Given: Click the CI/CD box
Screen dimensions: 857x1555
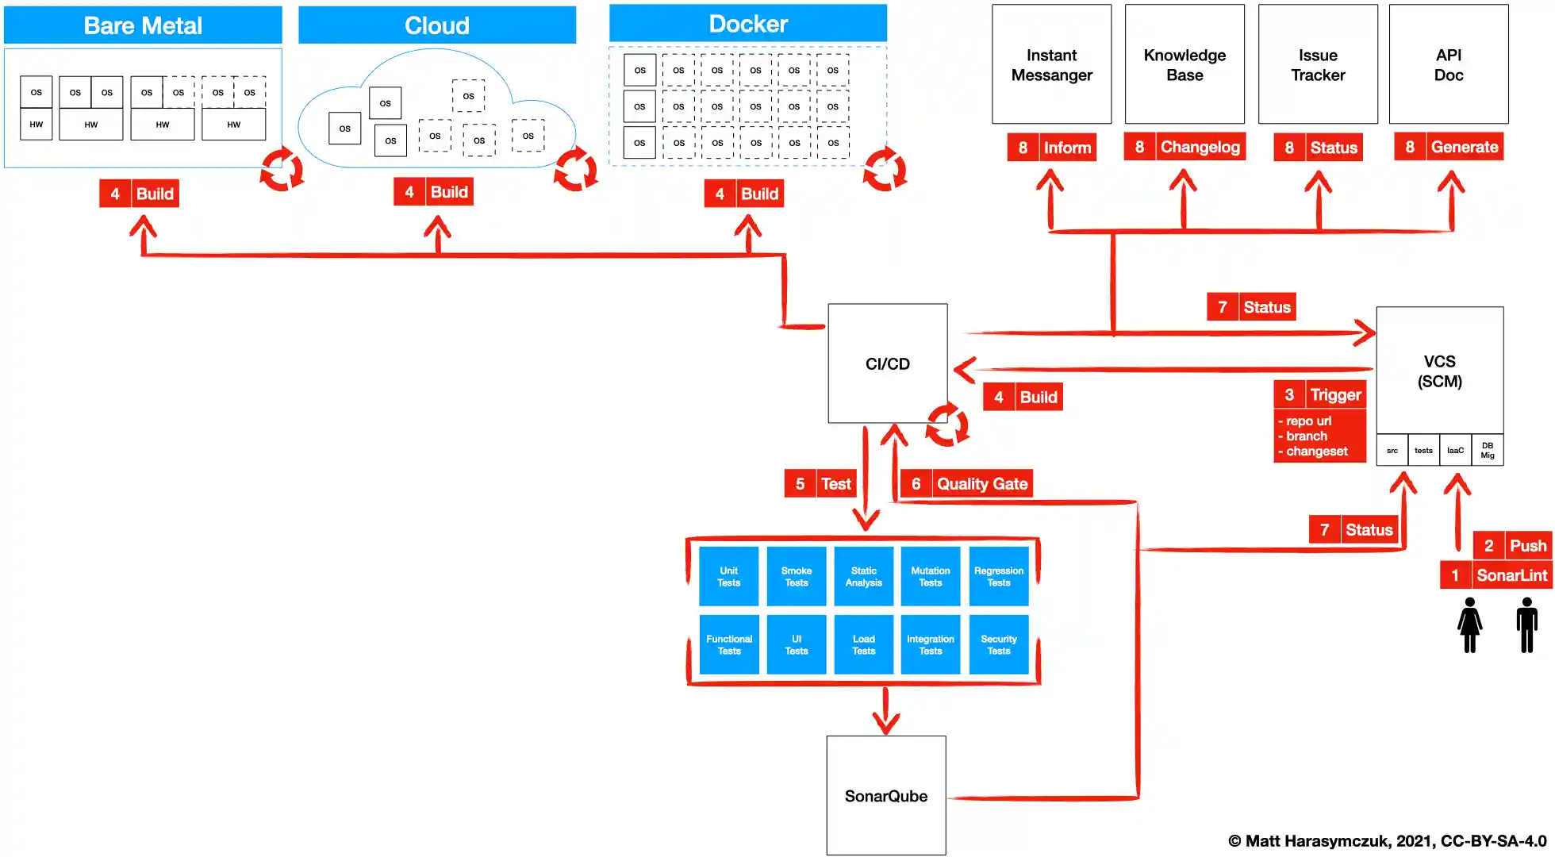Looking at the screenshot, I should (x=887, y=363).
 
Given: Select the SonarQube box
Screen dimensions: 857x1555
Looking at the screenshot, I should (x=885, y=795).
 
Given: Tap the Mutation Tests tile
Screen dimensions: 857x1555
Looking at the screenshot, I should (x=931, y=577).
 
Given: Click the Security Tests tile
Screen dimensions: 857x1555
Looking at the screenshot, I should (x=999, y=644).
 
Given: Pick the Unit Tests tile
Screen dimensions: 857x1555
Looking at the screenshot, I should (x=728, y=577).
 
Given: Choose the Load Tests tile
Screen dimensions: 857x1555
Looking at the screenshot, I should (x=863, y=644).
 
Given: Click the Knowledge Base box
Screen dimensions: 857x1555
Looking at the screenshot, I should (x=1184, y=65).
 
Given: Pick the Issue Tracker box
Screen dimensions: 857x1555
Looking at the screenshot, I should (x=1318, y=65).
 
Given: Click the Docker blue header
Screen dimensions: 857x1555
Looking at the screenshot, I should (x=747, y=24).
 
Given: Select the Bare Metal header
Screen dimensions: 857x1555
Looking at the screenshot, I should (x=143, y=25).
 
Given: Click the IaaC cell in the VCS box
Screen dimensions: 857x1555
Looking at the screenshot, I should (x=1455, y=450).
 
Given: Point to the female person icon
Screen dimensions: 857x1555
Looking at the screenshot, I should (x=1469, y=625).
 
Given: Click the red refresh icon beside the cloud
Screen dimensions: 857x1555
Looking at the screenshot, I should (x=576, y=169).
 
